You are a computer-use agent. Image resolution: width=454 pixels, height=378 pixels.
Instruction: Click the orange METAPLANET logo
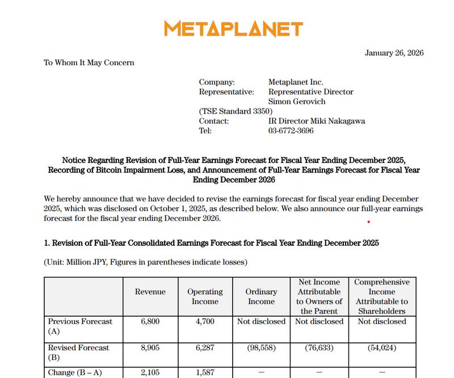point(233,28)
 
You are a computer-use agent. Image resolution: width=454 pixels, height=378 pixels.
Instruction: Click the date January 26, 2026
point(394,53)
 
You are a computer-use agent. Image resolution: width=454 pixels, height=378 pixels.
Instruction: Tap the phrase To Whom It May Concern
point(89,63)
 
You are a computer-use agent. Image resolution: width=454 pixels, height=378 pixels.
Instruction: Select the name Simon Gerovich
point(297,102)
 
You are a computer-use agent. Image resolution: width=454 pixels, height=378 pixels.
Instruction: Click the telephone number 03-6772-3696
point(291,131)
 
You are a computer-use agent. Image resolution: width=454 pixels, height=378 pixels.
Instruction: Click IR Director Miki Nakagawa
point(317,121)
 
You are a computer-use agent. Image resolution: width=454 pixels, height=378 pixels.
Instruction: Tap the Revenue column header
point(150,292)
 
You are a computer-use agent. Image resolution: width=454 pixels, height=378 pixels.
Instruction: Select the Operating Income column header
point(205,296)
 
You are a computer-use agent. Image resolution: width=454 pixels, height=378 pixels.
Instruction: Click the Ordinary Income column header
point(261,296)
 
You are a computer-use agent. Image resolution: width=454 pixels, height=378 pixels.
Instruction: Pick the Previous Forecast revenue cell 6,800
point(150,321)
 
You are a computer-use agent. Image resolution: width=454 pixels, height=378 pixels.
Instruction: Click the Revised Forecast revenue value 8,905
point(150,347)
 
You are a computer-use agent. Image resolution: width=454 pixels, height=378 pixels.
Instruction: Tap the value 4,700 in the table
point(205,321)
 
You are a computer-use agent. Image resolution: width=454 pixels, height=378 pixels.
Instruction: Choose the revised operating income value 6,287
point(205,347)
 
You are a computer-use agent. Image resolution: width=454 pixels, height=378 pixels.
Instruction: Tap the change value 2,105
point(150,372)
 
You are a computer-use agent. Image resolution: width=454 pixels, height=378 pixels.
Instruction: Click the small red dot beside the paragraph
point(368,222)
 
